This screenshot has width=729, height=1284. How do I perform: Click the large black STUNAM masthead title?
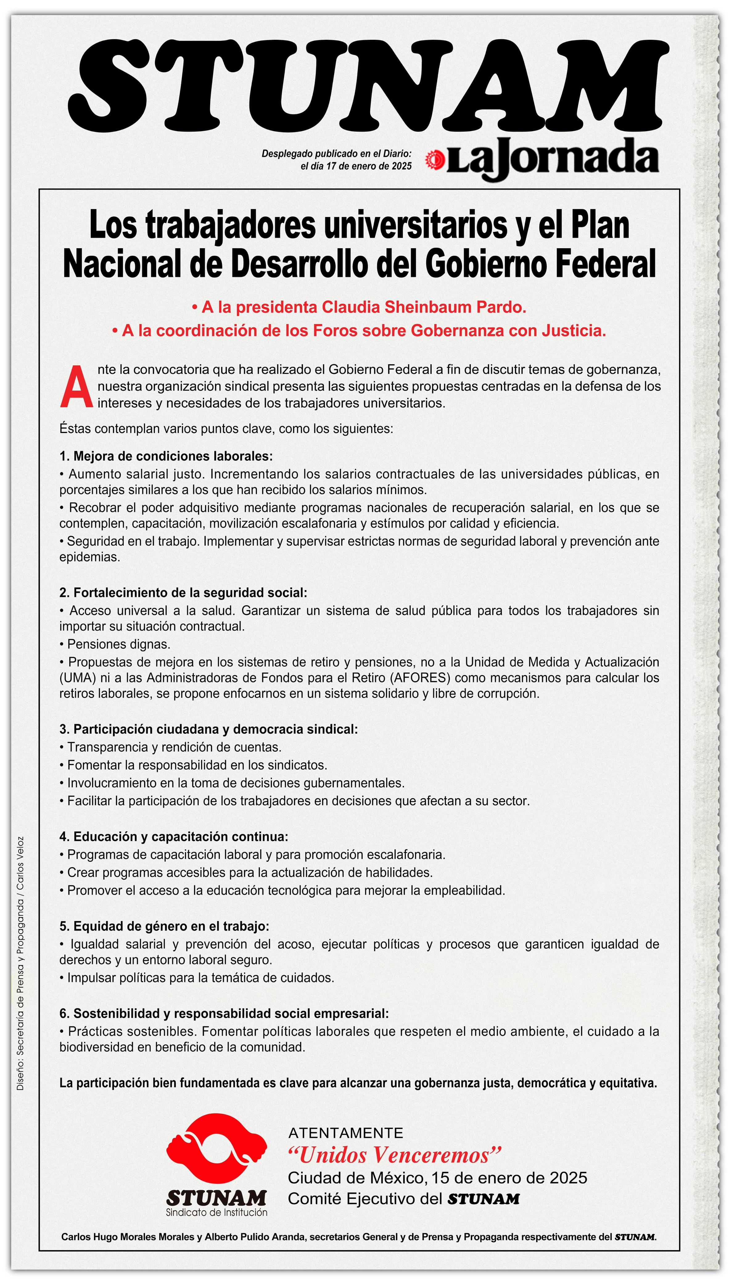click(x=368, y=84)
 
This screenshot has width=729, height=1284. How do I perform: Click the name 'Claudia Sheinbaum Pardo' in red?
click(x=423, y=307)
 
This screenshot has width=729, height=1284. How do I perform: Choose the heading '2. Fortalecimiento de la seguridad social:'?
click(x=183, y=593)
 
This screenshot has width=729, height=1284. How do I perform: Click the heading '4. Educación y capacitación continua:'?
click(x=174, y=837)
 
